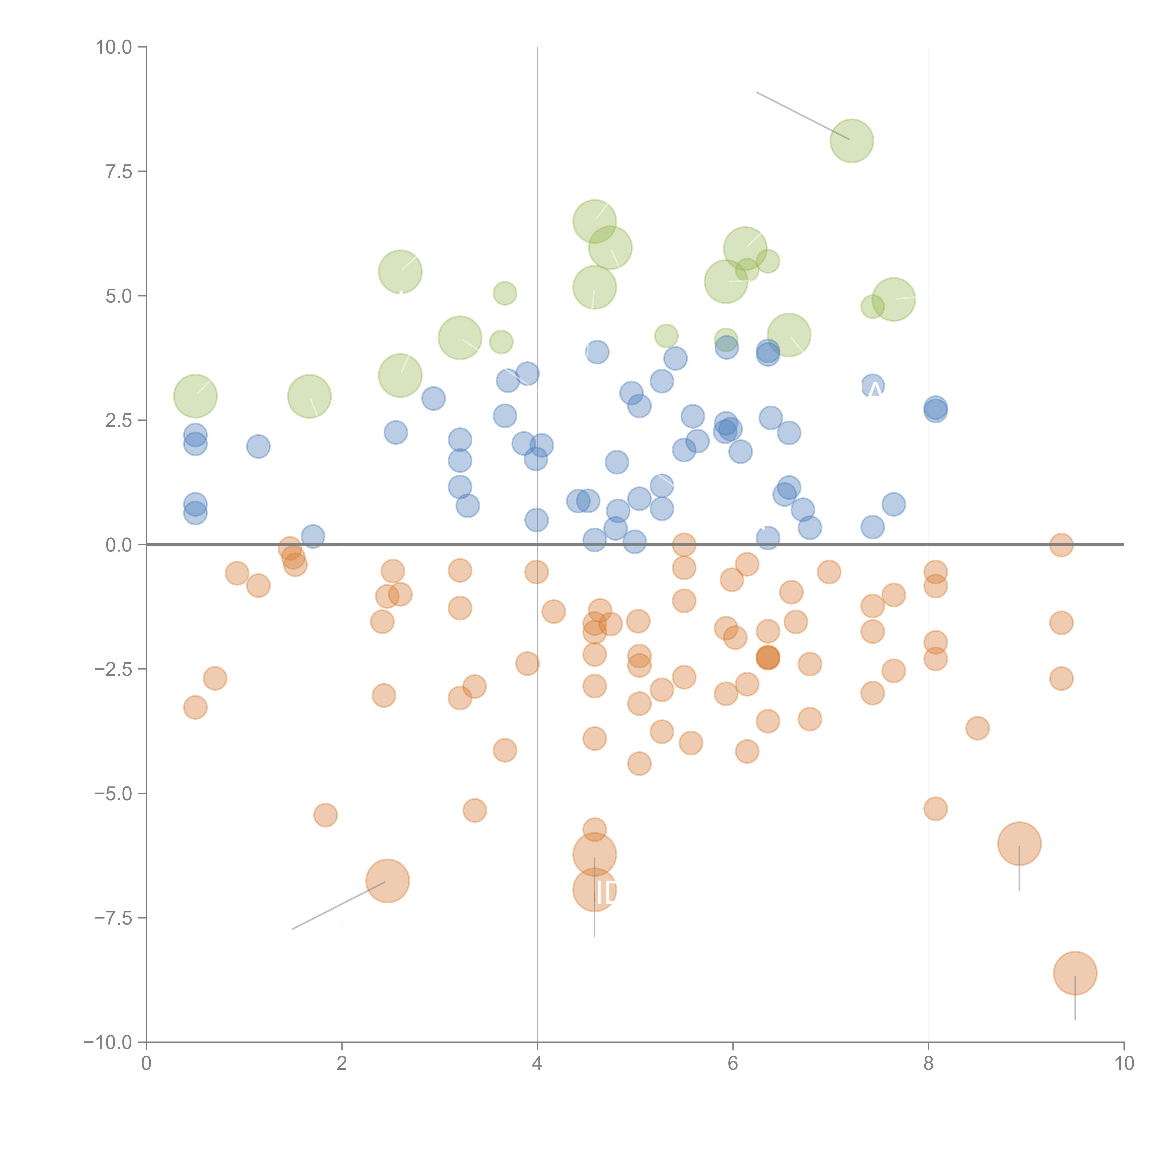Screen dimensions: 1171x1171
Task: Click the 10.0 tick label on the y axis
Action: pos(114,47)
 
